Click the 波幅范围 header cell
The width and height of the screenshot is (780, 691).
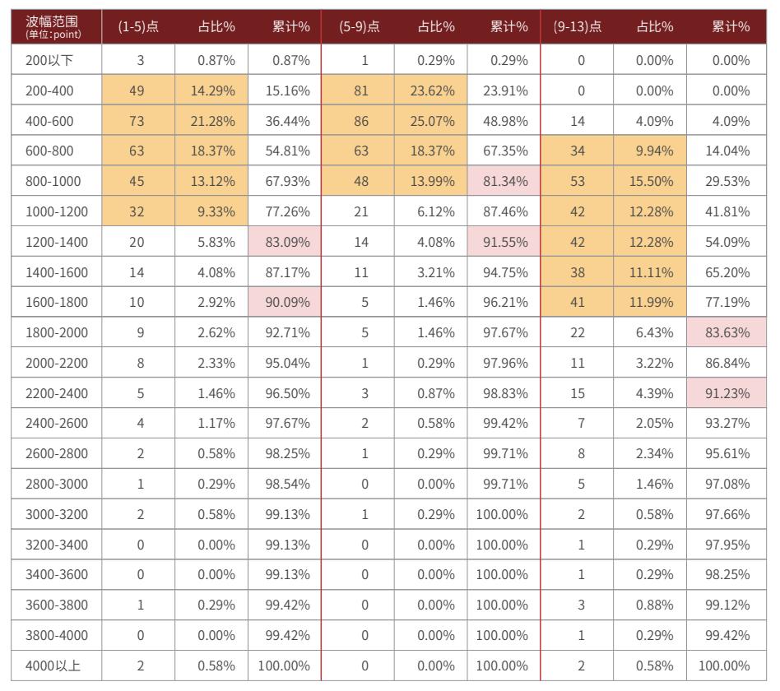pyautogui.click(x=56, y=27)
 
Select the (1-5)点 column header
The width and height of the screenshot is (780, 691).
pyautogui.click(x=138, y=27)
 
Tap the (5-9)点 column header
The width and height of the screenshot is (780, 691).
pyautogui.click(x=359, y=27)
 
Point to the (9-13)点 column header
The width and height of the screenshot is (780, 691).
pyautogui.click(x=577, y=27)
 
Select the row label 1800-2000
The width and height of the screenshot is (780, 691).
pyautogui.click(x=56, y=332)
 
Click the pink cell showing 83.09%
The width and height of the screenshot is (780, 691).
pyautogui.click(x=285, y=242)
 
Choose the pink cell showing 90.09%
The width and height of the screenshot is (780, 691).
pyautogui.click(x=285, y=302)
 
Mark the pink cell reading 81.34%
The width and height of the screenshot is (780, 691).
pyautogui.click(x=504, y=181)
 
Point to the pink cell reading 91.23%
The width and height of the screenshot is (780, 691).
pyautogui.click(x=727, y=393)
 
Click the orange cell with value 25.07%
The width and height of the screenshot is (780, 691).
pyautogui.click(x=431, y=121)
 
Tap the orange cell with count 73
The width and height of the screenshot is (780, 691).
pyautogui.click(x=138, y=121)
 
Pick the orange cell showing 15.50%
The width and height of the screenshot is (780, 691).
pyautogui.click(x=650, y=181)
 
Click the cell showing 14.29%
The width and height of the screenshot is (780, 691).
pyautogui.click(x=211, y=90)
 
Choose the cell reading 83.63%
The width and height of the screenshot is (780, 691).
pyautogui.click(x=727, y=332)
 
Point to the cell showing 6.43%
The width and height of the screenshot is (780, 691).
pyautogui.click(x=650, y=332)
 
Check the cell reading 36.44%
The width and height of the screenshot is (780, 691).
pyautogui.click(x=285, y=121)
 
